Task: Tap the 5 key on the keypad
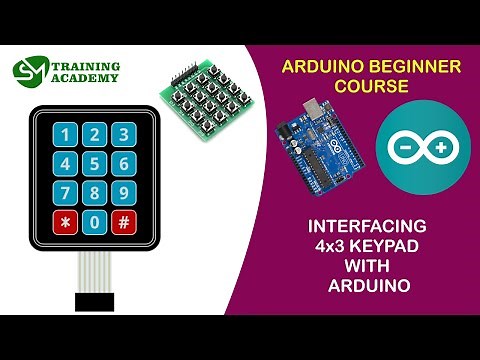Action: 95,164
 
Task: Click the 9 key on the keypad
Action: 123,193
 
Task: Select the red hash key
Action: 123,221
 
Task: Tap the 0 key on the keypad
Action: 95,221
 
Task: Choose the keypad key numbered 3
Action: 123,135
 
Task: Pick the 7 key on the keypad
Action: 66,193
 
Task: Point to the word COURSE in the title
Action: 371,88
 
